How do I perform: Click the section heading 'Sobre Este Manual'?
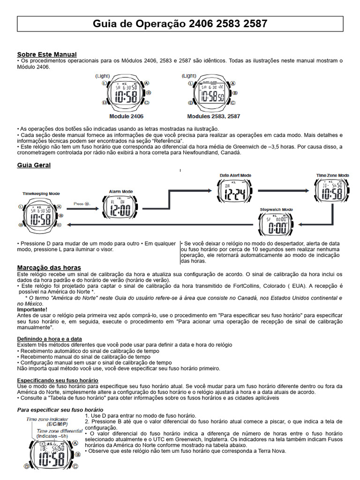pyautogui.click(x=47, y=54)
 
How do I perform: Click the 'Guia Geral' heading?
pyautogui.click(x=34, y=165)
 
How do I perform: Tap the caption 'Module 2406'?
pyautogui.click(x=126, y=116)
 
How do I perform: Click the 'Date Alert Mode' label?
pyautogui.click(x=235, y=176)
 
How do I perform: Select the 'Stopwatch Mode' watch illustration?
pyautogui.click(x=277, y=225)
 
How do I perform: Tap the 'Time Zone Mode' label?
pyautogui.click(x=332, y=175)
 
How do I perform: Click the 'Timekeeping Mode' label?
pyautogui.click(x=41, y=193)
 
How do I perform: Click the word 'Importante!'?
pyautogui.click(x=32, y=309)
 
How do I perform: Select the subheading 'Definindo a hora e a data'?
pyautogui.click(x=49, y=338)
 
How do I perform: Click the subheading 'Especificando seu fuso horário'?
pyautogui.click(x=58, y=380)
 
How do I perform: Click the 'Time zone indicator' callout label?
pyautogui.click(x=50, y=419)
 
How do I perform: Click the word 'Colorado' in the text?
pyautogui.click(x=269, y=286)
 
